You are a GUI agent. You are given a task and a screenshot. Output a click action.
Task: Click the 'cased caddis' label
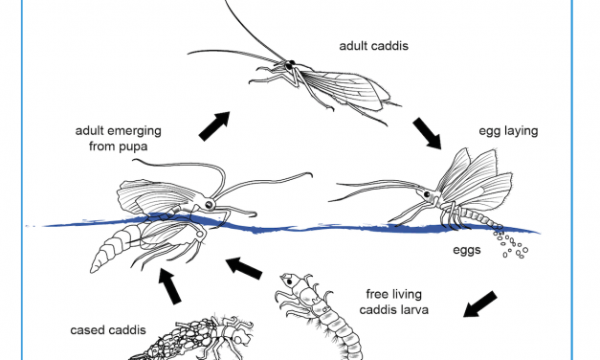(x=108, y=330)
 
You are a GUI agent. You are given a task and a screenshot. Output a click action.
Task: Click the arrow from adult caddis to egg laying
(x=426, y=134)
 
